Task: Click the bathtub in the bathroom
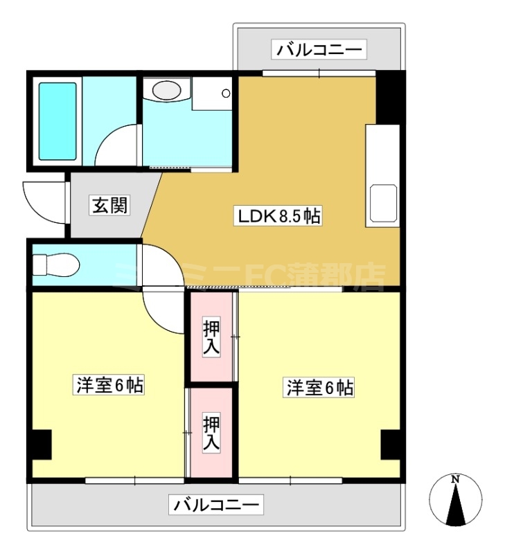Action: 57,121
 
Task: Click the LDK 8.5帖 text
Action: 279,216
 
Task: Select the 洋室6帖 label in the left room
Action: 109,386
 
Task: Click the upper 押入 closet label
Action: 211,337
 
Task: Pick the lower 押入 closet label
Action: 211,433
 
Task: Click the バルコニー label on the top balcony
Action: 319,50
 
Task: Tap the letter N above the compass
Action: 455,479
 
